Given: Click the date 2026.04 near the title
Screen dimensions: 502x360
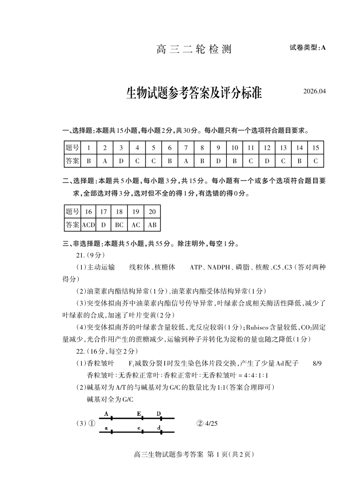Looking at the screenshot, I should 314,91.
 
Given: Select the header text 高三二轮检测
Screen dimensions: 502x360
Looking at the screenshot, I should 194,49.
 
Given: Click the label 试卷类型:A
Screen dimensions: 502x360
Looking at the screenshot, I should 307,48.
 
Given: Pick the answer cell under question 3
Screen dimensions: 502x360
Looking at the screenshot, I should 121,161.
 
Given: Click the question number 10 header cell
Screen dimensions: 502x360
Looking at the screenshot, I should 234,148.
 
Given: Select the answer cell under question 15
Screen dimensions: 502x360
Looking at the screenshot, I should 315,161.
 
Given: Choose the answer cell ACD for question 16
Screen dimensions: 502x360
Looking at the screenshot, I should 88,225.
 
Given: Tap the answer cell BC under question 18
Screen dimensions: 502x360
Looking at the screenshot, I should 119,225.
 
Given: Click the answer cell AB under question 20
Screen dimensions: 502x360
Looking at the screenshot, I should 152,225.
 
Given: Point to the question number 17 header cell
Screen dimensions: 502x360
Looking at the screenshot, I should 104,212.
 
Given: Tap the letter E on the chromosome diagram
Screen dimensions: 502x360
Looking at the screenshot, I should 139,414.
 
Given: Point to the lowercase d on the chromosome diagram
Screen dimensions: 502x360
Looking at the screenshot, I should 159,428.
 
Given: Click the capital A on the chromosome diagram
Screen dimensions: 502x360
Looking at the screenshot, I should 107,414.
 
